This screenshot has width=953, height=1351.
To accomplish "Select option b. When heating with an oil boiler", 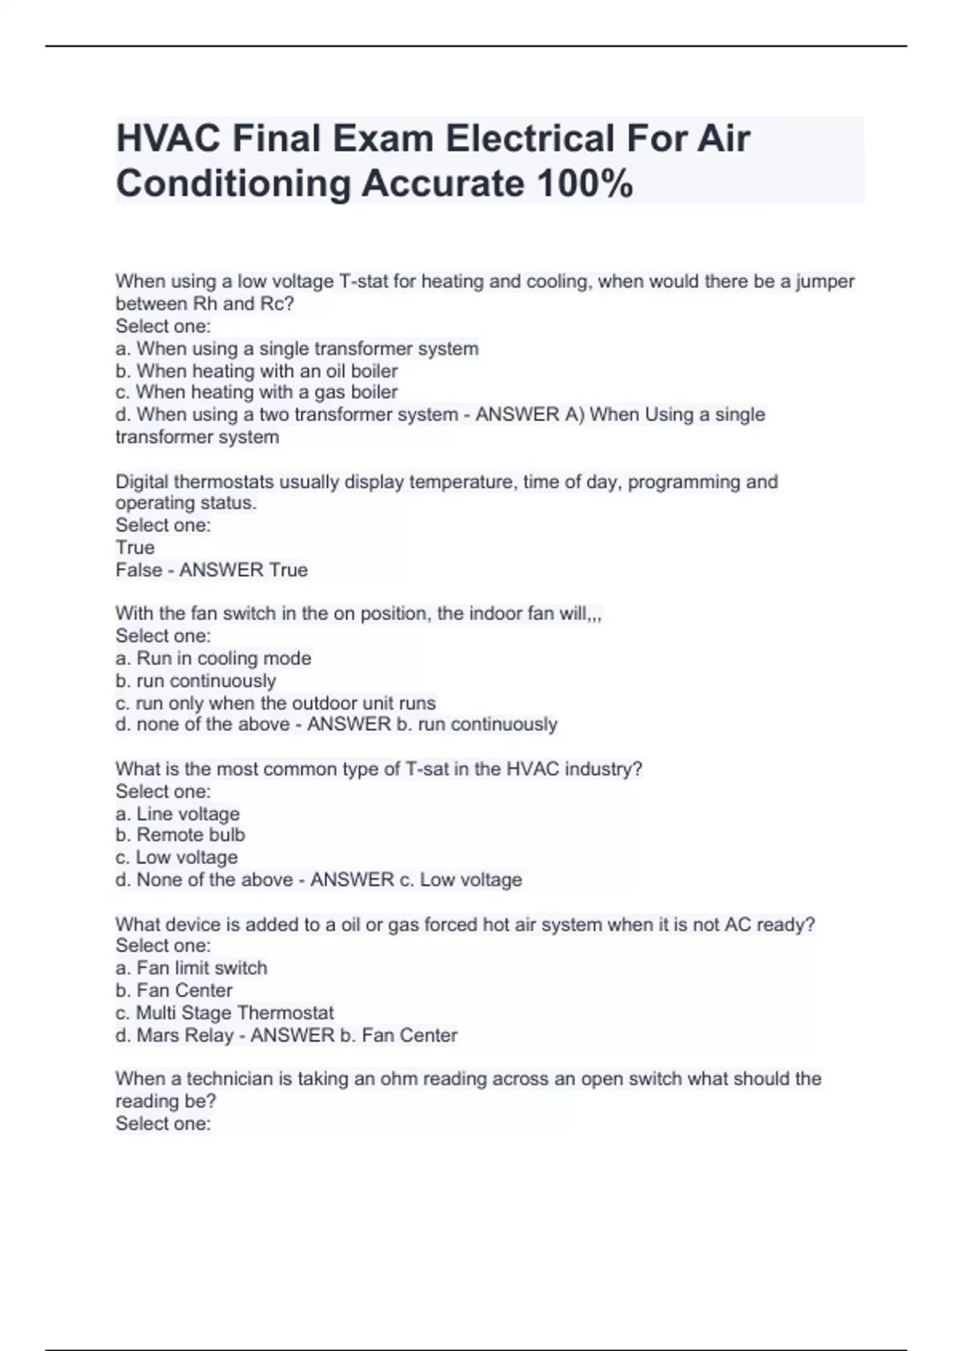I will pyautogui.click(x=257, y=371).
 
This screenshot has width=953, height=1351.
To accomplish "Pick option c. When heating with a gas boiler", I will pyautogui.click(x=257, y=393).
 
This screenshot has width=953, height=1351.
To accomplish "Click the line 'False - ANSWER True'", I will pyautogui.click(x=211, y=570).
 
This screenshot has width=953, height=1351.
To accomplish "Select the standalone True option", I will pyautogui.click(x=135, y=548).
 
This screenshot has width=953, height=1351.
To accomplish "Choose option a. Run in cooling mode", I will pyautogui.click(x=213, y=658).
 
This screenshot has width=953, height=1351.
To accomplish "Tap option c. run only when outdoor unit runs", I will pyautogui.click(x=276, y=703).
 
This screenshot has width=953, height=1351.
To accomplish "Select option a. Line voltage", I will pyautogui.click(x=177, y=814).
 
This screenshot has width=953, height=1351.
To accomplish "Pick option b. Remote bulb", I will pyautogui.click(x=180, y=835).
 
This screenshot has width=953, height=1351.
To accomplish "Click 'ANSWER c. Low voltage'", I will pyautogui.click(x=415, y=880).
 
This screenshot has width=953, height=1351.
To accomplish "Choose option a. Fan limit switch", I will pyautogui.click(x=191, y=968).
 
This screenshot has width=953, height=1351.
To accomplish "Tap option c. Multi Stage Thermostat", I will pyautogui.click(x=225, y=1013).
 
